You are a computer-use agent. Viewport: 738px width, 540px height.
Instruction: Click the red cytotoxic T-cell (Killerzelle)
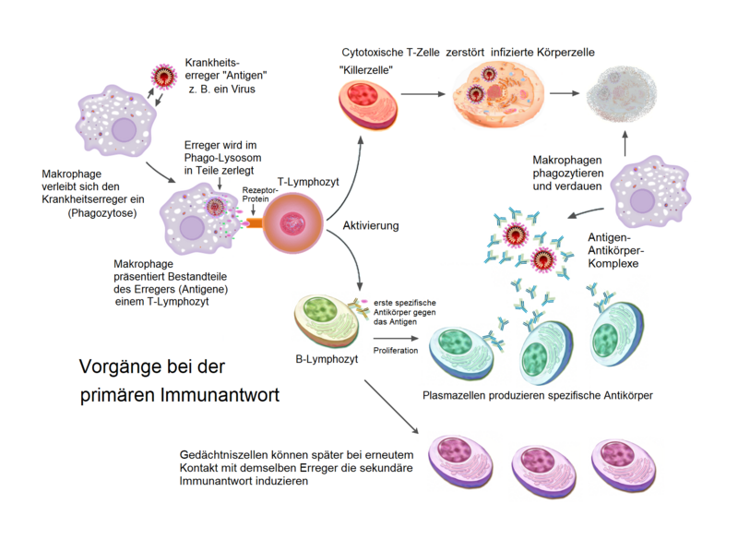pyautogui.click(x=368, y=105)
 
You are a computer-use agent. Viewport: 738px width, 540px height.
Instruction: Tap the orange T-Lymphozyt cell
pyautogui.click(x=292, y=222)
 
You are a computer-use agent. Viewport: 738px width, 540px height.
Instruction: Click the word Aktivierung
pyautogui.click(x=371, y=225)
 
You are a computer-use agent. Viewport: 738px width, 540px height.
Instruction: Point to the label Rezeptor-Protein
pyautogui.click(x=259, y=195)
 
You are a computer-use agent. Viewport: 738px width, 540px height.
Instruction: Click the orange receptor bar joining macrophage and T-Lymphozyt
pyautogui.click(x=255, y=222)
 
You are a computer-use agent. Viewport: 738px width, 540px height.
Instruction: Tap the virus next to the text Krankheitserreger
pyautogui.click(x=164, y=77)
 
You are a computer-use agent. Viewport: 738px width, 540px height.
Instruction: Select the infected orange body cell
pyautogui.click(x=498, y=93)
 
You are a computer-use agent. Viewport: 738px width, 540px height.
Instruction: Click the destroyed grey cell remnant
pyautogui.click(x=621, y=94)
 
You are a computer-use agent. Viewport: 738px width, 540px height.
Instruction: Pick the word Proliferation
pyautogui.click(x=396, y=350)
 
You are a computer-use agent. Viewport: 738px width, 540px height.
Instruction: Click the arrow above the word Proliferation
pyautogui.click(x=396, y=338)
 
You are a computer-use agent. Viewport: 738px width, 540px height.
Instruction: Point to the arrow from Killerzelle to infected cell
pyautogui.click(x=423, y=94)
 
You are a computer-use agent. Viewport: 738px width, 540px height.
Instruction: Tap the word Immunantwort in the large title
pyautogui.click(x=220, y=394)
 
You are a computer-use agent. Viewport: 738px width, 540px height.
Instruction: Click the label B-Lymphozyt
pyautogui.click(x=327, y=359)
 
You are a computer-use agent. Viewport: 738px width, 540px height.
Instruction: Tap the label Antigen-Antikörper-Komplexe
pyautogui.click(x=615, y=250)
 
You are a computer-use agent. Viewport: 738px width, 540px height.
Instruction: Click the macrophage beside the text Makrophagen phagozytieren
pyautogui.click(x=651, y=192)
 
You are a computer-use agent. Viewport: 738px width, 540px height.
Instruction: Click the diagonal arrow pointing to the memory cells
pyautogui.click(x=391, y=407)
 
